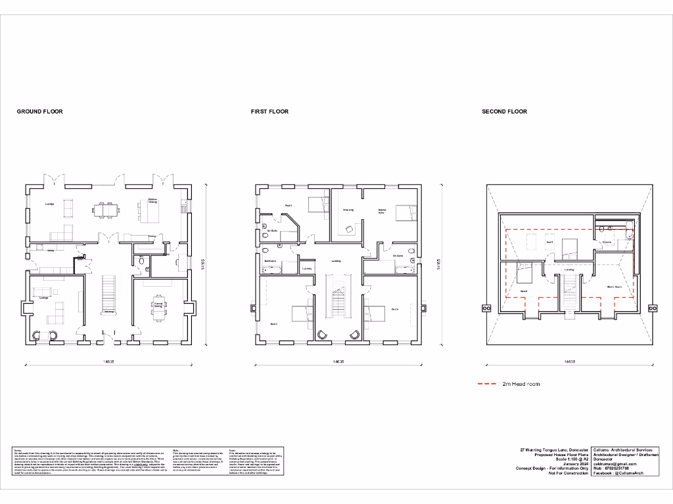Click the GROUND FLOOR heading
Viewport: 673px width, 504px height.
coord(39,112)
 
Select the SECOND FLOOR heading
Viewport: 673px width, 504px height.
coord(504,112)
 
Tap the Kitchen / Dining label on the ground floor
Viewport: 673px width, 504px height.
coord(152,201)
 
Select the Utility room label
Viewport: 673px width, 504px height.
coord(50,250)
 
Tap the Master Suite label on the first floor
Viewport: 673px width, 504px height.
coord(381,211)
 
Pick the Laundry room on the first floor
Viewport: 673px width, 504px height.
coord(307,268)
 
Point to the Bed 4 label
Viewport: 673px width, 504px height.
coord(395,309)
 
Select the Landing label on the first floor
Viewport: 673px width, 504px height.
coord(335,260)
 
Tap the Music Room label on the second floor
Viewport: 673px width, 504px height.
coord(614,287)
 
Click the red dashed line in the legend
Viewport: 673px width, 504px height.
coord(487,383)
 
